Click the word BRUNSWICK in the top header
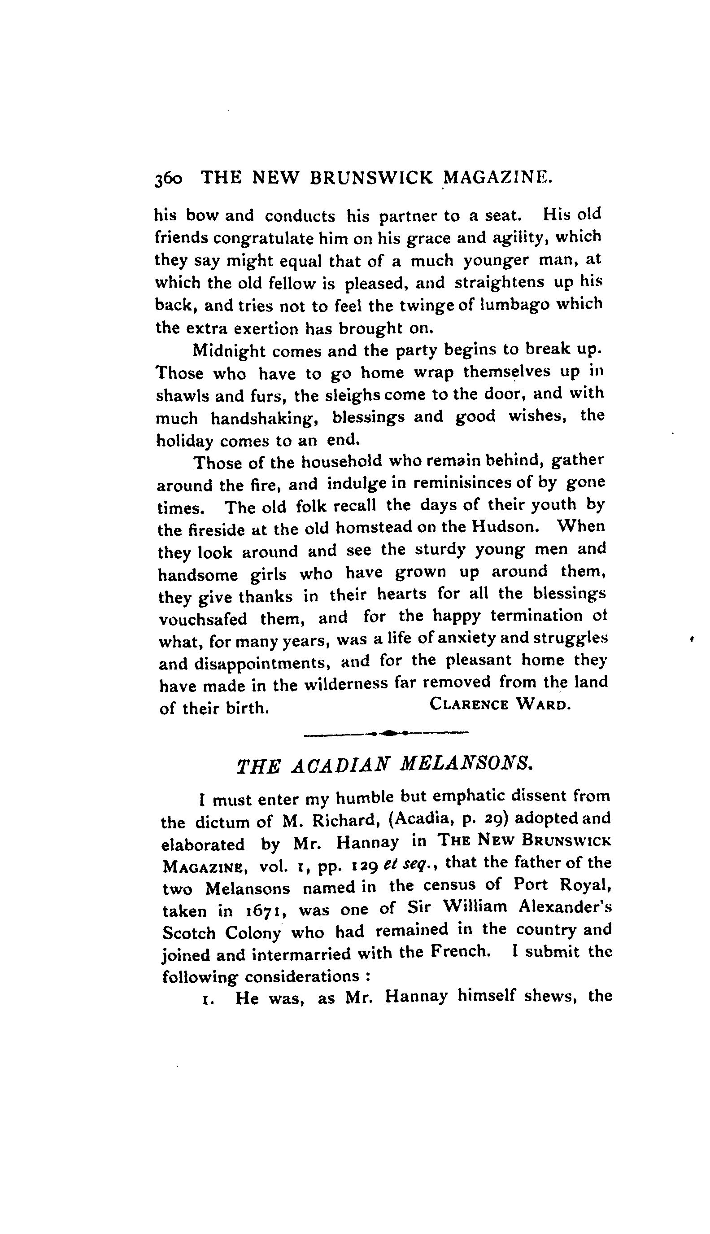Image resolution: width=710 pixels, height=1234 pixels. [371, 178]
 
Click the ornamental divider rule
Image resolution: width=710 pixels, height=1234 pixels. [386, 733]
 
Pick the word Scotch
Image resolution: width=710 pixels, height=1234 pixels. [189, 933]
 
